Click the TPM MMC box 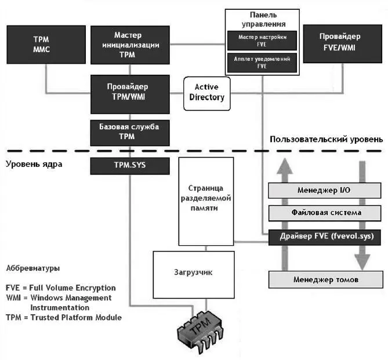point(42,45)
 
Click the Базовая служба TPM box point(130,132)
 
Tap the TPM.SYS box point(130,167)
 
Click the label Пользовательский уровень point(326,139)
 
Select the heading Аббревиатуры point(32,269)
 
